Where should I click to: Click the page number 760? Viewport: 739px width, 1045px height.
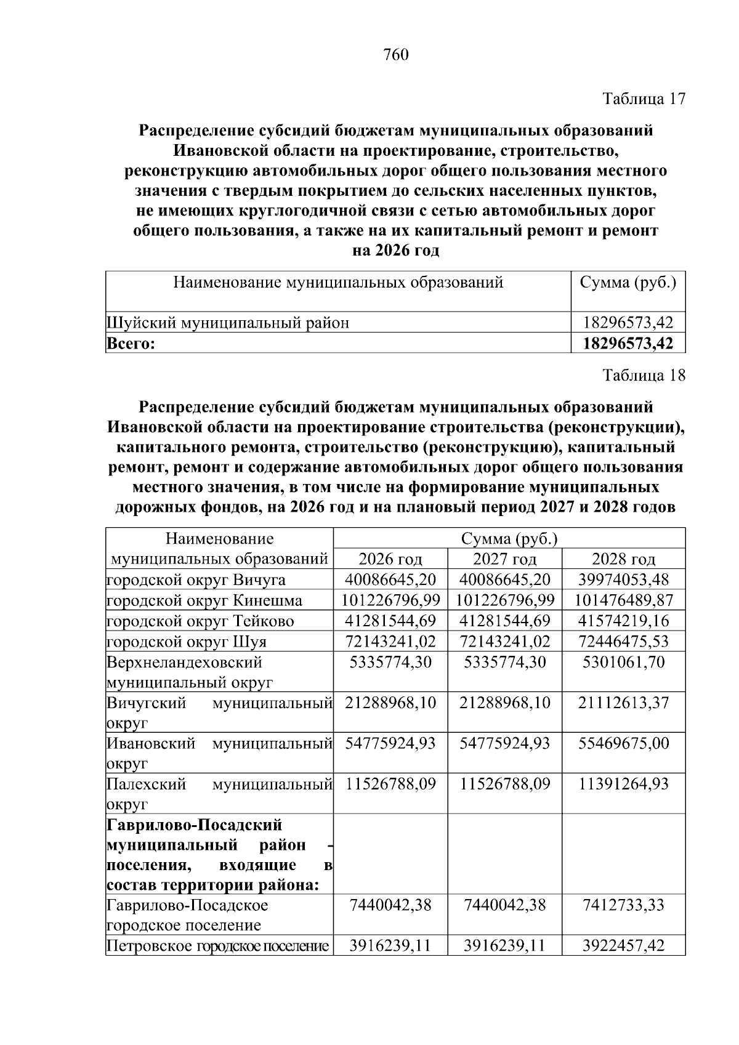tap(395, 55)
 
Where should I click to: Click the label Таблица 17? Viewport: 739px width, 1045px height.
tap(644, 99)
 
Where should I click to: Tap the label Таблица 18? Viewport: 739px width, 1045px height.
tap(644, 376)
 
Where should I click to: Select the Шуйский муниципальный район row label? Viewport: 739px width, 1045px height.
tap(228, 323)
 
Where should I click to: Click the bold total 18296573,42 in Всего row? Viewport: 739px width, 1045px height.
tap(628, 344)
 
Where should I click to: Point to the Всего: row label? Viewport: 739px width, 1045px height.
tap(131, 344)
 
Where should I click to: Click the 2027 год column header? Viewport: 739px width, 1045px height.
tap(504, 559)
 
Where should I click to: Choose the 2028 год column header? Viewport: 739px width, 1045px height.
tap(623, 559)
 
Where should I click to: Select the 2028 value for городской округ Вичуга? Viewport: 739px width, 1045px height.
tap(623, 580)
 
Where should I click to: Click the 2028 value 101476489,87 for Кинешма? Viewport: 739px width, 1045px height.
tap(623, 600)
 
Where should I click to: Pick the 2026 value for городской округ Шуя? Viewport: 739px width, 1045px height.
tap(390, 642)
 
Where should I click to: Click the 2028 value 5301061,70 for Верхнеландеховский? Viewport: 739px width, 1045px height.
tap(623, 663)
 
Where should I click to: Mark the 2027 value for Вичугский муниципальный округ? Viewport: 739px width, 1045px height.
tap(504, 703)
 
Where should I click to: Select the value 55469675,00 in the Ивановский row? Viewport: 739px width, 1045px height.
tap(623, 744)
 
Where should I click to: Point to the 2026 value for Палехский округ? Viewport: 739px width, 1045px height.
tap(390, 785)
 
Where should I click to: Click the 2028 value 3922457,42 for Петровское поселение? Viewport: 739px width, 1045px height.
tap(623, 946)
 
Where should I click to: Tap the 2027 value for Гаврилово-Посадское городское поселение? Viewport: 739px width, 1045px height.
tap(504, 905)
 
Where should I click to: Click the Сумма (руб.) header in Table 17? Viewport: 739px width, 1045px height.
tap(628, 283)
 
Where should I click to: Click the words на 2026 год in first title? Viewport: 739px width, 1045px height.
tap(395, 251)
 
